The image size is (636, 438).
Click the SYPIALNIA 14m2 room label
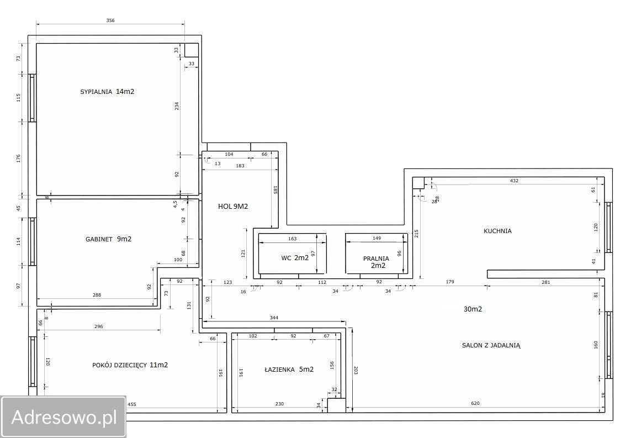(107, 92)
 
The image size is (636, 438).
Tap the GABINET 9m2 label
(108, 239)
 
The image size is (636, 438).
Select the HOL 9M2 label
(233, 206)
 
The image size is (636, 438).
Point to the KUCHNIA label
(497, 231)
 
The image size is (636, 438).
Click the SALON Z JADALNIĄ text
(491, 345)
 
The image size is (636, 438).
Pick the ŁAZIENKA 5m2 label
(289, 370)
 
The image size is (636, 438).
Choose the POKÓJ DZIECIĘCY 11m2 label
(130, 365)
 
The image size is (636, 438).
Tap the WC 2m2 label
(295, 258)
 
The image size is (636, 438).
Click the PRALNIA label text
(376, 258)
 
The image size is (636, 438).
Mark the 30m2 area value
(473, 309)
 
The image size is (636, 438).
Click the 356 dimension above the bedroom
(110, 20)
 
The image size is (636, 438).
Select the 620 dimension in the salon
(475, 403)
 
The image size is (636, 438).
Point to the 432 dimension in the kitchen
(514, 181)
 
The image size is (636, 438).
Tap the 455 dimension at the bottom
(132, 404)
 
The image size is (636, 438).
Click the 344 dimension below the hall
(274, 318)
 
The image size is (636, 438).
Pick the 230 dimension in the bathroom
(279, 404)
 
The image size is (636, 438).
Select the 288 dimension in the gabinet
(97, 295)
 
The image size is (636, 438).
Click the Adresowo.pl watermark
(63, 417)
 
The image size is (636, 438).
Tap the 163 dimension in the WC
(292, 239)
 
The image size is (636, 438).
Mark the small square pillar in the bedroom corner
(192, 50)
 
